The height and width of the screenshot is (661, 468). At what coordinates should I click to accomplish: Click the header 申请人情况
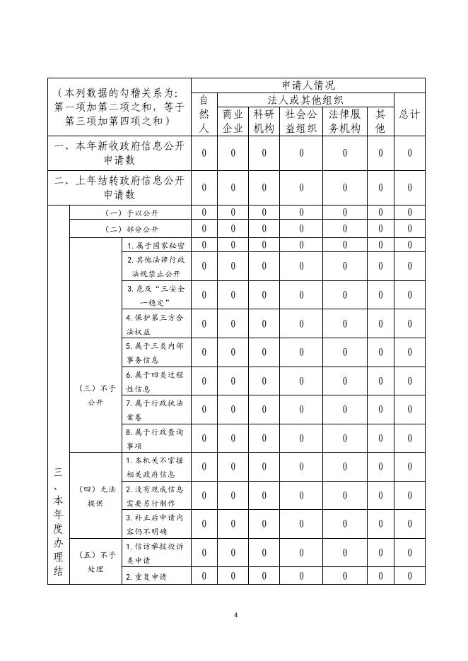(x=308, y=85)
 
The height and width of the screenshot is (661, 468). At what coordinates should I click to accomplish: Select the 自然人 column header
(x=204, y=114)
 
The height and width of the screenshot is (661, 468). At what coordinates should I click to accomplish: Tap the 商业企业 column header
(x=233, y=121)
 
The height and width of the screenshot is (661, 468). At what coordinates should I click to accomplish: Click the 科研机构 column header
(x=264, y=121)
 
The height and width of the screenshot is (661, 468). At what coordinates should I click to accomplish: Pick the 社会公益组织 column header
(x=300, y=121)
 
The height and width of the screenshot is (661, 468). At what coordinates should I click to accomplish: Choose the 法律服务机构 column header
(x=344, y=121)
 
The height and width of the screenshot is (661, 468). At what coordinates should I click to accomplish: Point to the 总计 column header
(x=409, y=114)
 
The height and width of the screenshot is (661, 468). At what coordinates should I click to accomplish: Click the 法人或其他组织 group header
(x=305, y=100)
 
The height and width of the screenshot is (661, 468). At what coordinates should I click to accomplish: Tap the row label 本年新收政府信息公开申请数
(x=119, y=153)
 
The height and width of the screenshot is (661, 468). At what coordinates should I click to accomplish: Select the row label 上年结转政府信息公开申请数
(x=119, y=187)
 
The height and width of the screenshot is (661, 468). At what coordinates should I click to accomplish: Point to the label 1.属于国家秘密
(x=156, y=245)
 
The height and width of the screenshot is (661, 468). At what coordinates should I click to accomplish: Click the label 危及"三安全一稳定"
(x=156, y=295)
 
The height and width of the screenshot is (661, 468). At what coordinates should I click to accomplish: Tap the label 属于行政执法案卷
(x=156, y=410)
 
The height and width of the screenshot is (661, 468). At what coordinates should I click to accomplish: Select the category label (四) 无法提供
(x=95, y=496)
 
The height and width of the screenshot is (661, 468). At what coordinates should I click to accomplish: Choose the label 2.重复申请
(x=146, y=577)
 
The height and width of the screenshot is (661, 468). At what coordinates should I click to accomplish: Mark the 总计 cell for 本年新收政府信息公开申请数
(x=409, y=153)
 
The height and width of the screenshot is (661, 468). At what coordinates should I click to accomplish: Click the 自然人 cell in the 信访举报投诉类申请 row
(x=204, y=553)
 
